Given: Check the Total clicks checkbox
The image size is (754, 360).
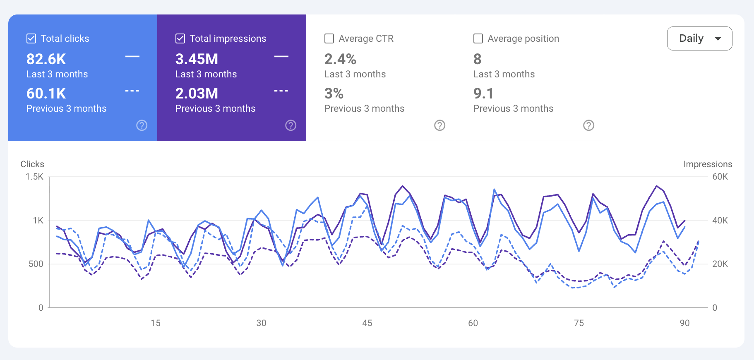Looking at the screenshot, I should click(31, 38).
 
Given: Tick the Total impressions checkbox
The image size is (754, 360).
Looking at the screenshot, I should click(180, 38).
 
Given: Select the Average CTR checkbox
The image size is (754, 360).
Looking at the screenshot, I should click(329, 38).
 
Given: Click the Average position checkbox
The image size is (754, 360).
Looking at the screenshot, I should click(478, 38).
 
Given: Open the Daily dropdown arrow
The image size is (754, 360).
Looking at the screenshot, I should click(718, 38).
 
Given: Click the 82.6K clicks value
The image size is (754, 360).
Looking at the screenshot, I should click(46, 59).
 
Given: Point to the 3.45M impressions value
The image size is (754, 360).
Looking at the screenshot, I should click(197, 59).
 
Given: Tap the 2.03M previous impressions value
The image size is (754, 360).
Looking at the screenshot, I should click(197, 94).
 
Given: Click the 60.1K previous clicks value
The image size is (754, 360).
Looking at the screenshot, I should click(46, 94).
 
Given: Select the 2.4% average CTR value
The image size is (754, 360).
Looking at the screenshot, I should click(340, 59).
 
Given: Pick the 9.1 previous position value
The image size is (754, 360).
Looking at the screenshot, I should click(483, 94).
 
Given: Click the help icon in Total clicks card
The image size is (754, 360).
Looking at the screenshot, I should click(142, 125).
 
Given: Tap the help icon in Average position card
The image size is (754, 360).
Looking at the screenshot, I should click(588, 125).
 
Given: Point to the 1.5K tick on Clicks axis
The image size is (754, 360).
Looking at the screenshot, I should click(34, 177).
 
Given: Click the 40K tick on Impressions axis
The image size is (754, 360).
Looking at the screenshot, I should click(720, 221).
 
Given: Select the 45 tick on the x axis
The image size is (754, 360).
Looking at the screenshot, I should click(367, 323).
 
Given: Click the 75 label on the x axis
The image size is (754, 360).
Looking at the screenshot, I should click(579, 323).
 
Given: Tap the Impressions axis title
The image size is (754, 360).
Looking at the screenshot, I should click(707, 164).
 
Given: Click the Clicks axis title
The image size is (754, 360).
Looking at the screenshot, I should click(32, 164).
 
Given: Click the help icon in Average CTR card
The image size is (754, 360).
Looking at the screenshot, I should click(439, 125).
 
